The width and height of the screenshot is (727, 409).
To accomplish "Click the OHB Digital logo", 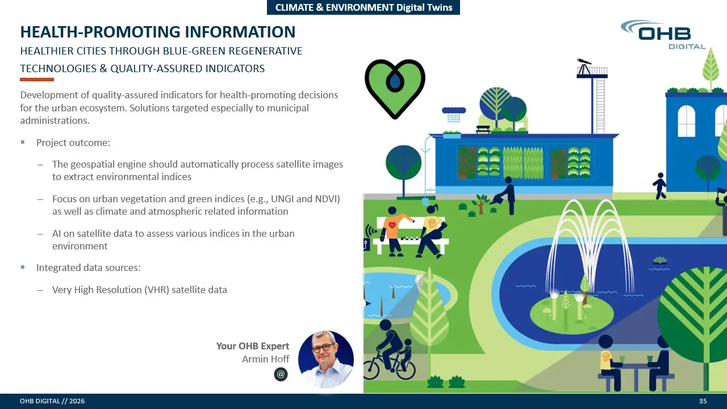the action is click(663, 35).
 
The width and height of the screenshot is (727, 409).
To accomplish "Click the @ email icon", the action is click(281, 374).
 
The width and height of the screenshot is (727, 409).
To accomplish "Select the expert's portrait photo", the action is click(326, 359).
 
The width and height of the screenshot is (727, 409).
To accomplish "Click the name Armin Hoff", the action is click(265, 359).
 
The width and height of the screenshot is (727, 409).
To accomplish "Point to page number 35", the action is click(703, 401).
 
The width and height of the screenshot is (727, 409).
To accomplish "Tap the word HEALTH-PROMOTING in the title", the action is click(100, 32).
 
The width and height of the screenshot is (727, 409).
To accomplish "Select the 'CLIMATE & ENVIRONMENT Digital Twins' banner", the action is click(363, 7).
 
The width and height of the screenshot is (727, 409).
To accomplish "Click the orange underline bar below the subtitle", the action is click(37, 79).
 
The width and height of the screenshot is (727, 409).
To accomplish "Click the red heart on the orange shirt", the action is click(392, 225).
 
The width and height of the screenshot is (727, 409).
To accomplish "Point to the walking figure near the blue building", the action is click(659, 186).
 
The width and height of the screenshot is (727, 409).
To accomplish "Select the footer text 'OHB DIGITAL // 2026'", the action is click(52, 401).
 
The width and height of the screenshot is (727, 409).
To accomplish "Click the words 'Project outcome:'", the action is click(73, 143).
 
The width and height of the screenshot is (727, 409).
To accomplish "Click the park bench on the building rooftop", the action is click(483, 130).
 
